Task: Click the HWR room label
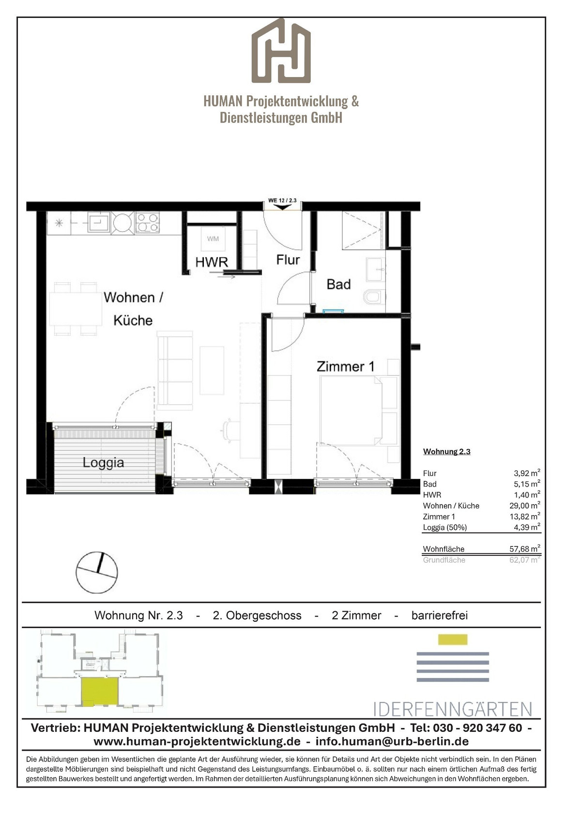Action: [x=212, y=262]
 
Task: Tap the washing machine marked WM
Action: [x=213, y=239]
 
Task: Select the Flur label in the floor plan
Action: [x=288, y=260]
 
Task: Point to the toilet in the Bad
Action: [x=374, y=296]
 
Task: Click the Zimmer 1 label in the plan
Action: [x=345, y=366]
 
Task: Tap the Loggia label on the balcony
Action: [x=103, y=462]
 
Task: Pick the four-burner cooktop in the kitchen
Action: [x=148, y=222]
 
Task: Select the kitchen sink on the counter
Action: [x=99, y=222]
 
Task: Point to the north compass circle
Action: [x=97, y=572]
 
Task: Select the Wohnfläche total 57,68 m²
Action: [x=525, y=549]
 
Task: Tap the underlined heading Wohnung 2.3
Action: [x=447, y=452]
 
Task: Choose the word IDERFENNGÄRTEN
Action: [x=453, y=709]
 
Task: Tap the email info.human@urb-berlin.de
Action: [x=392, y=741]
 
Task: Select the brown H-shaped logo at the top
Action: [x=281, y=50]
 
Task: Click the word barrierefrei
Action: [x=440, y=615]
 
